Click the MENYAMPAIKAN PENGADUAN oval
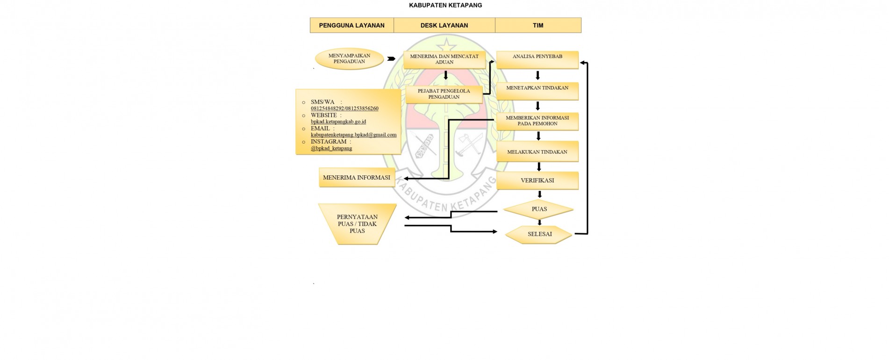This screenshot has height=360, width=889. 349,59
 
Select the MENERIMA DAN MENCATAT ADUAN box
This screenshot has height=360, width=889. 444,59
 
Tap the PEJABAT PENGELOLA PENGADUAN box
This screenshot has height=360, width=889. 444,94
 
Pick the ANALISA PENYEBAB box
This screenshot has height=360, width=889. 537,59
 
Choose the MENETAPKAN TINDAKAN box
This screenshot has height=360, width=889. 537,91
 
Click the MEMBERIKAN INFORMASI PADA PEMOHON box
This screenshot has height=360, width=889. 537,121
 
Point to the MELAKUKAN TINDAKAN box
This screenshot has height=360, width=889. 537,151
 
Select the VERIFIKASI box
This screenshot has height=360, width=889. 537,180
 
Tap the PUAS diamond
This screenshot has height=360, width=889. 539,209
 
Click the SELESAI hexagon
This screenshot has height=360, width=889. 539,234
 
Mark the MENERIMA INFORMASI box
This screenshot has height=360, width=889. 356,178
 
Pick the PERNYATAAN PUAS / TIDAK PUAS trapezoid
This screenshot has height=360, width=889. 357,224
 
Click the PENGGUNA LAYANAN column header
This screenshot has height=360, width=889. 351,25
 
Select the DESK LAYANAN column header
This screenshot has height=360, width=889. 444,25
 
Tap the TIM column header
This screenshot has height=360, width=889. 538,25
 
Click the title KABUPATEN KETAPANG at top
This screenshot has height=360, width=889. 445,5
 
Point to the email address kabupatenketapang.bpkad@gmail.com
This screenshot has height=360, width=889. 353,135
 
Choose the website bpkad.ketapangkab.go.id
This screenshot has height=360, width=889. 338,122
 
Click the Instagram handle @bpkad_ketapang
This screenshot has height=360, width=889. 331,148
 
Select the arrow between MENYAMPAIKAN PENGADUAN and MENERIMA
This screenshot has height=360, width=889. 391,59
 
